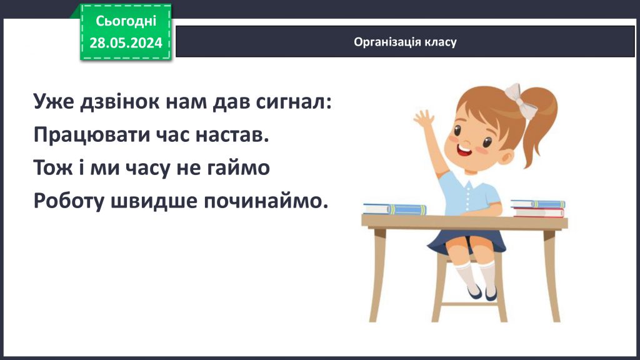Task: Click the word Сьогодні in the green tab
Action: pyautogui.click(x=126, y=21)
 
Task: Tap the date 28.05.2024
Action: pyautogui.click(x=126, y=42)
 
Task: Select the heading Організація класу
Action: pyautogui.click(x=405, y=42)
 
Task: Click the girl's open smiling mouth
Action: pyautogui.click(x=464, y=151)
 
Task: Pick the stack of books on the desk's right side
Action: pyautogui.click(x=537, y=208)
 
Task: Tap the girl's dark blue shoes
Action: pyautogui.click(x=482, y=292)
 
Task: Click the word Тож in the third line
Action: pyautogui.click(x=52, y=167)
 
